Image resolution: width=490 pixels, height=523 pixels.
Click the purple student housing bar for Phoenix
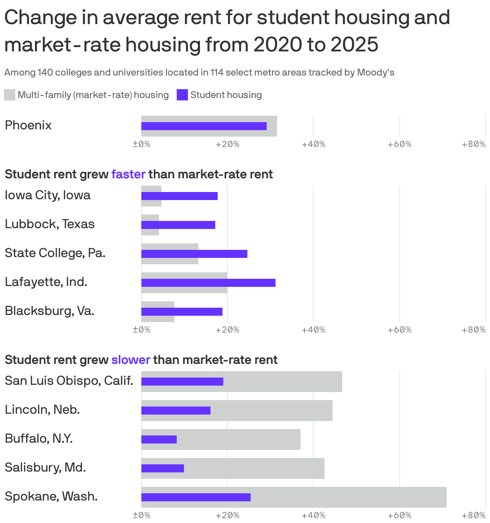[204, 126]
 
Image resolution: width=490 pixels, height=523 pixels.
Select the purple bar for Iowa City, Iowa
[179, 196]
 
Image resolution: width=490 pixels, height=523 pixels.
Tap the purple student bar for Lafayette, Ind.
[208, 283]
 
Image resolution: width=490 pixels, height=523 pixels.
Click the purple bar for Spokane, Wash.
[196, 497]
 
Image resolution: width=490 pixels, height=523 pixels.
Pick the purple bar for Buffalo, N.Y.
[159, 439]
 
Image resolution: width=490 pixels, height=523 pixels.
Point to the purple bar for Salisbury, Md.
[162, 468]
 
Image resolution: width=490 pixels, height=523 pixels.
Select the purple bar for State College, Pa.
[194, 254]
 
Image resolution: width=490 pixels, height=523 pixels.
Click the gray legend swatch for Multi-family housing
[10, 95]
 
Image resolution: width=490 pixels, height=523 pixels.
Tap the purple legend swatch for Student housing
[182, 95]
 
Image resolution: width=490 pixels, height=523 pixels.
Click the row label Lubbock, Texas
[50, 224]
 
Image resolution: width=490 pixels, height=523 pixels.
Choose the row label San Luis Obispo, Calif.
[69, 380]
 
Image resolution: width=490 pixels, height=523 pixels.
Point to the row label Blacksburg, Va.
[49, 311]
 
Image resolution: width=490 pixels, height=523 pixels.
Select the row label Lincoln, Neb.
[42, 410]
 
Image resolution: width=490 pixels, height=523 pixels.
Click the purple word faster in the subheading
[128, 174]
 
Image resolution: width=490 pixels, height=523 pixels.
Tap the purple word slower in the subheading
[131, 360]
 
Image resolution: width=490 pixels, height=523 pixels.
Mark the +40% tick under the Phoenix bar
[313, 144]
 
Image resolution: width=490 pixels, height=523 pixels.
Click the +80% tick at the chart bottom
[474, 515]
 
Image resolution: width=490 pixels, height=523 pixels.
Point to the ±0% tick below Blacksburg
[141, 330]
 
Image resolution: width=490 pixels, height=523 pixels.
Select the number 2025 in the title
[354, 44]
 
